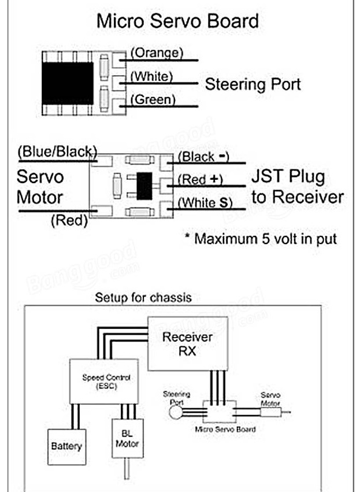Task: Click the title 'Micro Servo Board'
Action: point(177,21)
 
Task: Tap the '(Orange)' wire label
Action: point(157,53)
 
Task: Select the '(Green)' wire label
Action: point(153,100)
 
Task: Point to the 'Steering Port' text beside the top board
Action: point(253,84)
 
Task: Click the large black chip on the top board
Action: point(68,83)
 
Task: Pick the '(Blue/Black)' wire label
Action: point(57,151)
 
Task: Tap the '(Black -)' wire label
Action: point(203,157)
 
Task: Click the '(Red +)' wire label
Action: point(200,179)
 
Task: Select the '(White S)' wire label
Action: point(205,203)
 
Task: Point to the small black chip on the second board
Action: point(144,186)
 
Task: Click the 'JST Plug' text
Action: point(288,177)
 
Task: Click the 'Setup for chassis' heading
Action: point(143,298)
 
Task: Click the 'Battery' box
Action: point(67,447)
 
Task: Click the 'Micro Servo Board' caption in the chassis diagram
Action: point(225,429)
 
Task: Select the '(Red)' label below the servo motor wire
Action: point(69,220)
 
